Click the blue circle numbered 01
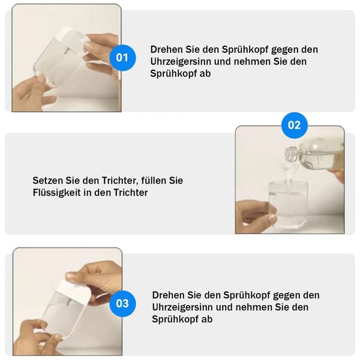tap(122, 58)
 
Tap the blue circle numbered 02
tap(295, 125)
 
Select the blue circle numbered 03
tap(122, 303)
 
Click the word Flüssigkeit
tap(56, 193)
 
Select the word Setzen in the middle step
tap(47, 181)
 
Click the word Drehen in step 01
tap(166, 50)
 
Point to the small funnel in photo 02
tap(287, 172)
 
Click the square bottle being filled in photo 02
tap(288, 205)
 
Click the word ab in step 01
tap(205, 74)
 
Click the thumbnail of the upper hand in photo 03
tap(70, 275)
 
